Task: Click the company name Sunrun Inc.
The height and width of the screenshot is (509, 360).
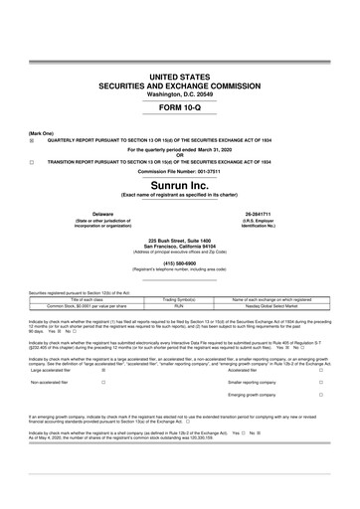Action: click(x=180, y=186)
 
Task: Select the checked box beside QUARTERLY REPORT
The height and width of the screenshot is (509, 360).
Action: click(x=32, y=140)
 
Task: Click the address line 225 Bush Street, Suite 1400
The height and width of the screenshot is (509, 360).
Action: click(x=180, y=241)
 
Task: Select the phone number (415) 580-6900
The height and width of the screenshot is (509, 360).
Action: click(x=180, y=263)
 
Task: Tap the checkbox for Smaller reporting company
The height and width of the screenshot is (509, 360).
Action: click(x=320, y=382)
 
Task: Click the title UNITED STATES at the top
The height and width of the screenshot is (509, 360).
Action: click(x=180, y=77)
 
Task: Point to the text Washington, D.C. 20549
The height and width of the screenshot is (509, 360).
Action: click(x=180, y=94)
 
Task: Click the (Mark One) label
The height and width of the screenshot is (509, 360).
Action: click(x=41, y=132)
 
